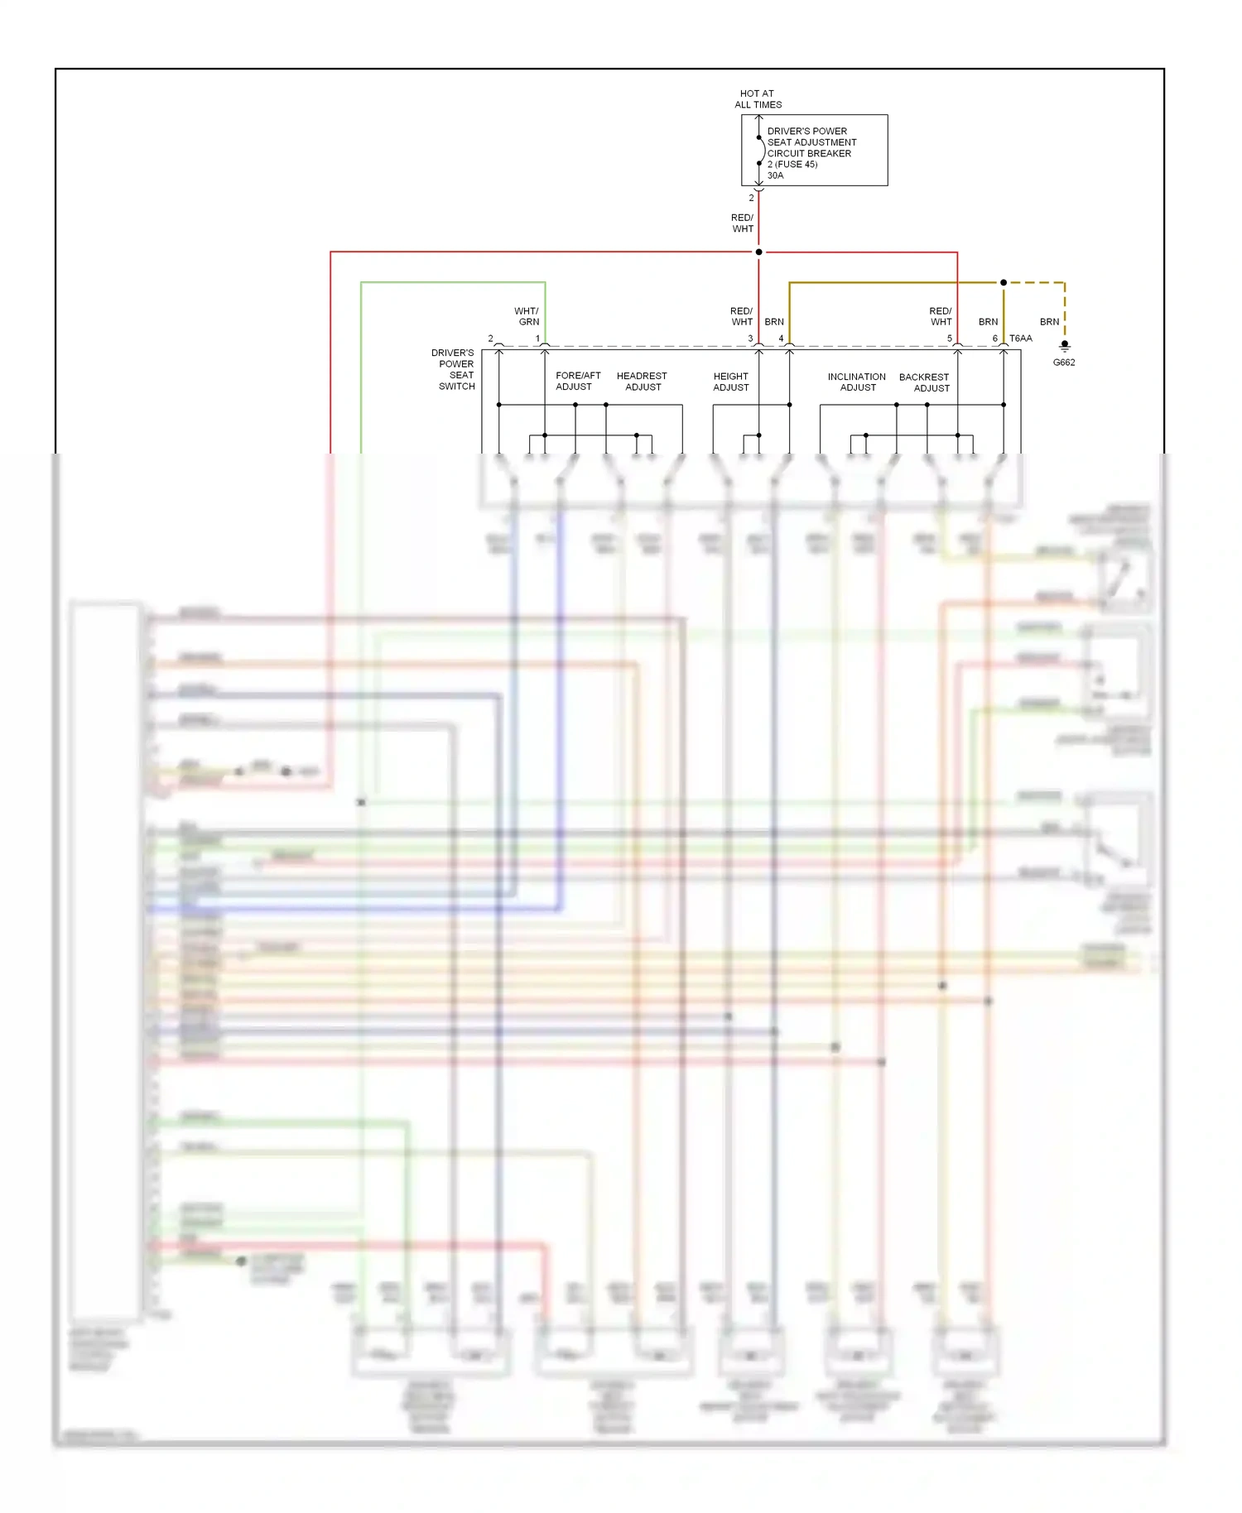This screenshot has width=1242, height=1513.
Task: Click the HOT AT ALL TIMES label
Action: coord(758,99)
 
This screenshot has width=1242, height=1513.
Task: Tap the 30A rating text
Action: coord(775,175)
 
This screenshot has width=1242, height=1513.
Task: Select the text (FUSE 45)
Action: coord(797,164)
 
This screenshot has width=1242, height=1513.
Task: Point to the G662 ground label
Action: coord(1064,363)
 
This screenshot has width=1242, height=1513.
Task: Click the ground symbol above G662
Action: coord(1065,346)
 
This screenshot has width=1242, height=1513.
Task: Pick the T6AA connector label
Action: coord(1021,339)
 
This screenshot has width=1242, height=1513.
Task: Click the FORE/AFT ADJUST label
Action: coord(577,381)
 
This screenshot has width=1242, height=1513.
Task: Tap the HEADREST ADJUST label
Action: coord(642,381)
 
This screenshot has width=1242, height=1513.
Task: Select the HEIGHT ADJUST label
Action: coord(730,382)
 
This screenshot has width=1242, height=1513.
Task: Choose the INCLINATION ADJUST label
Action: coord(857,382)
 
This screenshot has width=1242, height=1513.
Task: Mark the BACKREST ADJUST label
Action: coord(925,382)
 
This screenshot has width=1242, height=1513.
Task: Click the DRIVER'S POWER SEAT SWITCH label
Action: coord(454,369)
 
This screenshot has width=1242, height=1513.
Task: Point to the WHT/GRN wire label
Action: coord(527,316)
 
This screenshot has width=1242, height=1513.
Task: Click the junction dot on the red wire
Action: coord(758,252)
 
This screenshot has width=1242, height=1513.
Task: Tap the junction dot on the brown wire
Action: coord(1004,282)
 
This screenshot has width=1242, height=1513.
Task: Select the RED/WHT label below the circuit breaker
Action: coord(743,223)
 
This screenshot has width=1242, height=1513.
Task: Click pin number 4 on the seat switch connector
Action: coord(781,339)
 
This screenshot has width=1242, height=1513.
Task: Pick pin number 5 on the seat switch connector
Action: coord(950,339)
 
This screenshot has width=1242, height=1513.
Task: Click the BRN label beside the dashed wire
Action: coord(1049,322)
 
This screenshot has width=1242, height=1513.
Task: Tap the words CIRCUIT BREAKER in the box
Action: coord(809,153)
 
